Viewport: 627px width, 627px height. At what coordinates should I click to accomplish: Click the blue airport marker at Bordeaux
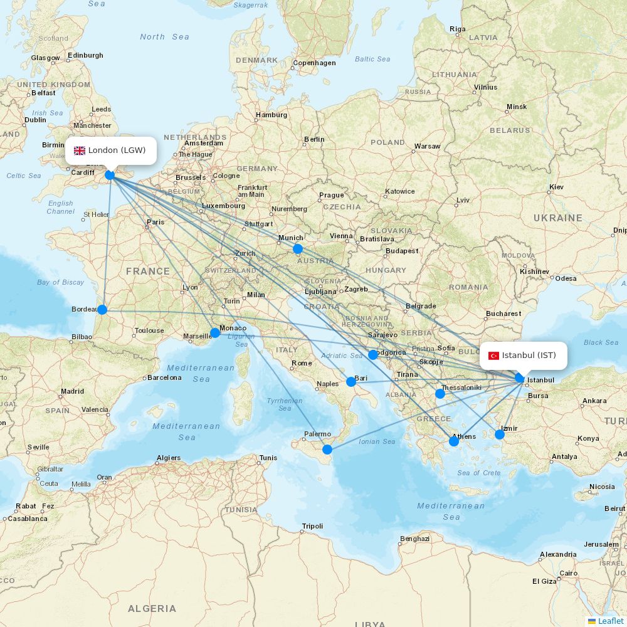pyautogui.click(x=102, y=309)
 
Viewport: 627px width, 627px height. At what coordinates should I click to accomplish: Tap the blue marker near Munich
pyautogui.click(x=298, y=249)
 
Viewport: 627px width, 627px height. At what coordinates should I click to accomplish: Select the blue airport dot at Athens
pyautogui.click(x=454, y=441)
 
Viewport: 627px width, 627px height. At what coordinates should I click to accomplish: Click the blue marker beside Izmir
pyautogui.click(x=500, y=434)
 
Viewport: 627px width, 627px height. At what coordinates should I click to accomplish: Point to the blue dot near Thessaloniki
pyautogui.click(x=440, y=394)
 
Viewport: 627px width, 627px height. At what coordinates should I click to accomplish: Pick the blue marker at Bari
pyautogui.click(x=351, y=381)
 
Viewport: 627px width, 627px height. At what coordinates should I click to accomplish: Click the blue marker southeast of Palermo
pyautogui.click(x=327, y=449)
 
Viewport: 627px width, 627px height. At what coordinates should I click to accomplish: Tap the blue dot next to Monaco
pyautogui.click(x=215, y=332)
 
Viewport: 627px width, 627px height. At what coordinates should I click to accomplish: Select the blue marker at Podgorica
pyautogui.click(x=373, y=355)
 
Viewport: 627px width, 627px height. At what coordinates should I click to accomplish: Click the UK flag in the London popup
pyautogui.click(x=80, y=150)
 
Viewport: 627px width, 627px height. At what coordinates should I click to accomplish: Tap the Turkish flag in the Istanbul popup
pyautogui.click(x=493, y=356)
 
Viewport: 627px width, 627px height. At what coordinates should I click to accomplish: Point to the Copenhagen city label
pyautogui.click(x=314, y=63)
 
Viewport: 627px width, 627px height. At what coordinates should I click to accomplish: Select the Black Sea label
pyautogui.click(x=601, y=342)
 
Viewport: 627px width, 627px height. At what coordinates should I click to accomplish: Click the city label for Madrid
pyautogui.click(x=73, y=391)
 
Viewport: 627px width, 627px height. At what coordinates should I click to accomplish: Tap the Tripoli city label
pyautogui.click(x=312, y=526)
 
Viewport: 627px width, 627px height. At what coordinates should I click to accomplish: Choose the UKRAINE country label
pyautogui.click(x=557, y=218)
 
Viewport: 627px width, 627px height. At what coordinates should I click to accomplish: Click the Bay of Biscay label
pyautogui.click(x=60, y=282)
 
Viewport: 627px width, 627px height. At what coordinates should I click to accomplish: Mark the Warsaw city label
pyautogui.click(x=427, y=146)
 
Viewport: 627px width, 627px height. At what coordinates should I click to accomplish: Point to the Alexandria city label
pyautogui.click(x=557, y=554)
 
